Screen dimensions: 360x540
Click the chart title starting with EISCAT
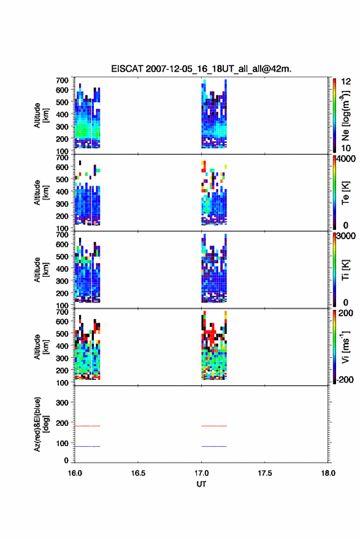coord(201,69)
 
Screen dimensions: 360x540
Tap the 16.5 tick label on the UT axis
coord(138,473)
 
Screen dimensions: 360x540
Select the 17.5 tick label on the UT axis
coord(265,473)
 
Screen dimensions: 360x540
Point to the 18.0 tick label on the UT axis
coord(328,473)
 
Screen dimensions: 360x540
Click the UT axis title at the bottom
coord(201,484)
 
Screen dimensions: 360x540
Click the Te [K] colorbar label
coord(345,193)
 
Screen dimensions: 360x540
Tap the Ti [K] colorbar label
coord(345,269)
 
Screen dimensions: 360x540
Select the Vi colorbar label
coord(345,347)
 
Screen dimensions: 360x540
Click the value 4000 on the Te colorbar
coord(346,159)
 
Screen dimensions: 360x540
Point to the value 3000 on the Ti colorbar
coord(346,236)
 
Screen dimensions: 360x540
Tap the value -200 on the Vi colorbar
coord(345,379)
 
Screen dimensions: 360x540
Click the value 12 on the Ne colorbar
coord(346,82)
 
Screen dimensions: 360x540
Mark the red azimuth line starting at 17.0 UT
coord(214,426)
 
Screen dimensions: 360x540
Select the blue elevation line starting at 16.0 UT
coord(88,446)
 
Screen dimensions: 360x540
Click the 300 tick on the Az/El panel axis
coord(62,403)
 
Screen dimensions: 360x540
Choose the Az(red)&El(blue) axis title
coord(41,424)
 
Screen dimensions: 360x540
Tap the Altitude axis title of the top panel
coord(41,115)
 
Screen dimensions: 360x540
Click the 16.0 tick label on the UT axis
coord(75,473)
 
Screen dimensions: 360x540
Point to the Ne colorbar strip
coord(334,115)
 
